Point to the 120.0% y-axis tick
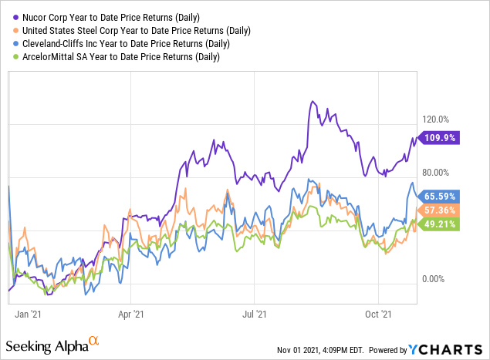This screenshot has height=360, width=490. [436, 119]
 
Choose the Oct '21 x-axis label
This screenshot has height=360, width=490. [379, 314]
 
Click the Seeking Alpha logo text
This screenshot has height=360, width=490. [48, 343]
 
